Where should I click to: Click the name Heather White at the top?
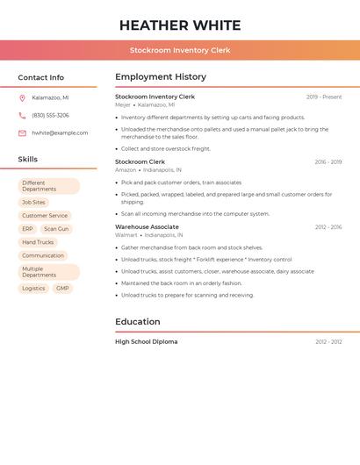(x=180, y=25)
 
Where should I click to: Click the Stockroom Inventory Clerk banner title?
(x=180, y=50)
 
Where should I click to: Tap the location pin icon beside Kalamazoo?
(x=22, y=98)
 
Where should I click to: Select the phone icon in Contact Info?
(x=22, y=116)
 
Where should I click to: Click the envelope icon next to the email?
(x=22, y=133)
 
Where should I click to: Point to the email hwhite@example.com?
(x=60, y=133)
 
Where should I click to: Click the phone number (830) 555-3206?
(x=50, y=116)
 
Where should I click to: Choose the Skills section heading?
(x=28, y=160)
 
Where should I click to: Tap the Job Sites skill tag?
(x=33, y=203)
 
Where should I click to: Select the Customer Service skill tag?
(x=45, y=216)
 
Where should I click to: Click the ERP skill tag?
(x=28, y=229)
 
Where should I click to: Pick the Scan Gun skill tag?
(x=56, y=229)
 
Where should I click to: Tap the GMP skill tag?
(x=62, y=289)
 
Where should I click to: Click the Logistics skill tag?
(x=33, y=289)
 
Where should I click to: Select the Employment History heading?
(x=161, y=77)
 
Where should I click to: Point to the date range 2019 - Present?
(x=324, y=97)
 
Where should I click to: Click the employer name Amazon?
(x=126, y=170)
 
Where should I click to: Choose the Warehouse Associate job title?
(x=147, y=227)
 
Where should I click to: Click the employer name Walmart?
(x=126, y=235)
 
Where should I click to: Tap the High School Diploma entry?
(x=146, y=342)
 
